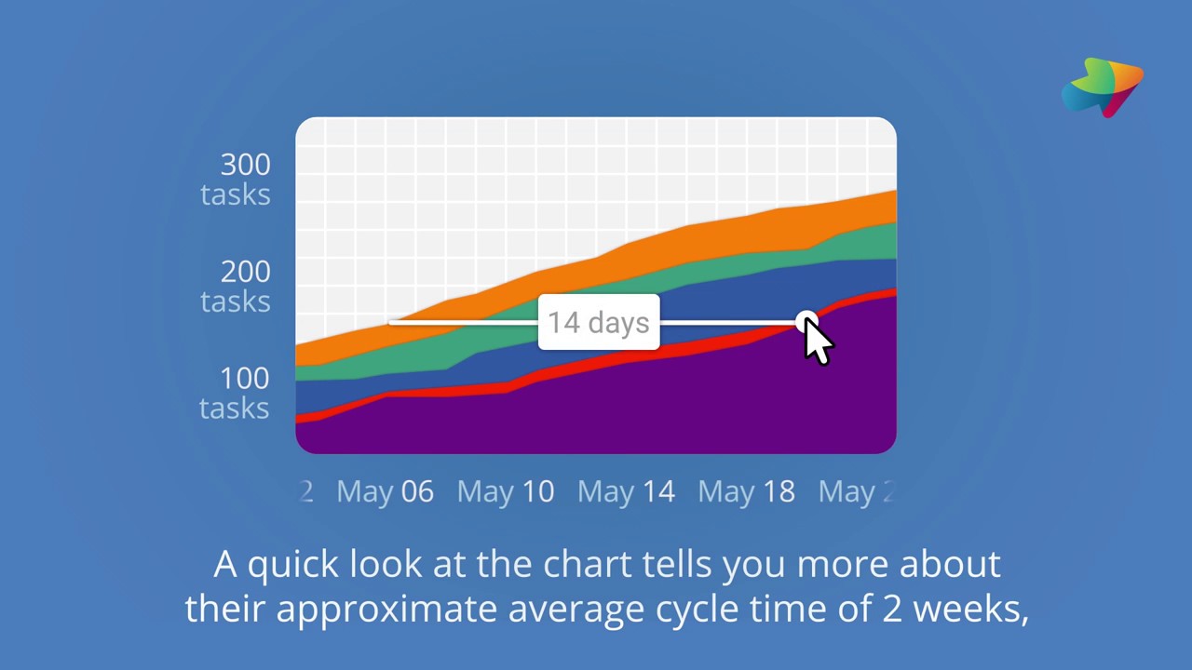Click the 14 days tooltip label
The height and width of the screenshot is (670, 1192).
(598, 323)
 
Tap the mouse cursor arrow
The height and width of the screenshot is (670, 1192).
(818, 342)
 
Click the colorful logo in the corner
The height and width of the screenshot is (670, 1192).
(1104, 87)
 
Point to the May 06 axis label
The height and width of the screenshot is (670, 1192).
(385, 491)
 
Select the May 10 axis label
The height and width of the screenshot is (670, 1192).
(505, 491)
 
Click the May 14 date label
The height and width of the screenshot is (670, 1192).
(626, 491)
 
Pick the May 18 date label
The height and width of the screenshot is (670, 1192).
(746, 491)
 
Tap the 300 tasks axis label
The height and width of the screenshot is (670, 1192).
(236, 179)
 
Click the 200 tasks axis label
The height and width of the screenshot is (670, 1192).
(236, 286)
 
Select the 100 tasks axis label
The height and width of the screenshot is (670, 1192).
(235, 392)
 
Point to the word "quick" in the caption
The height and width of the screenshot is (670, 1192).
(292, 564)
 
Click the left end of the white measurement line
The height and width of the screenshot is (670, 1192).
(391, 323)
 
